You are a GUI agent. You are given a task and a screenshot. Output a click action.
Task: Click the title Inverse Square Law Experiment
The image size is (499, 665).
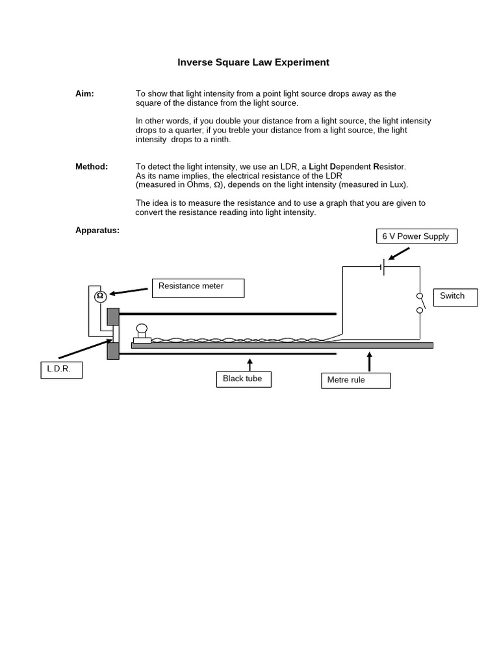253,62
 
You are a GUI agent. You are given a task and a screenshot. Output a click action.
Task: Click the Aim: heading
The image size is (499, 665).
84,94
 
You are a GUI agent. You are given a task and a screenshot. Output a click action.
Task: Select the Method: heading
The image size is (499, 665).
92,166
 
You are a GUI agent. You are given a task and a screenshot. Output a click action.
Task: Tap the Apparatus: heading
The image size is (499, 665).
97,230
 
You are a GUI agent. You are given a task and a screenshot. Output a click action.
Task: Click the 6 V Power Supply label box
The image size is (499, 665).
416,236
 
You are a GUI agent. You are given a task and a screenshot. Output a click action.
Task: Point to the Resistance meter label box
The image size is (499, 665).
198,288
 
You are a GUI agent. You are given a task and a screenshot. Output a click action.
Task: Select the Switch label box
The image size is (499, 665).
456,297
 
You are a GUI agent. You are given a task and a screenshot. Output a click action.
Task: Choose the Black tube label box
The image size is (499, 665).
242,379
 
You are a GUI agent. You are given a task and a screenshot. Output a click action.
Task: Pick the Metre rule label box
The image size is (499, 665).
355,380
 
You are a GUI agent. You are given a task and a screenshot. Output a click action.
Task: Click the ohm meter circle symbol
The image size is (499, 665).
100,297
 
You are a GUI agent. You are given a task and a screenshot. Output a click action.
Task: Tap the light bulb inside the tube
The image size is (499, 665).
142,329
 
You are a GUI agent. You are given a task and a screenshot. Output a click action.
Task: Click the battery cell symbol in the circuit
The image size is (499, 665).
383,267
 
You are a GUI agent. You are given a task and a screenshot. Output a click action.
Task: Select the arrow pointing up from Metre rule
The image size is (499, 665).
370,361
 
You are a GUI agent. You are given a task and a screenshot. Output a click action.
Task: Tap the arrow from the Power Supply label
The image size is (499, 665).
399,253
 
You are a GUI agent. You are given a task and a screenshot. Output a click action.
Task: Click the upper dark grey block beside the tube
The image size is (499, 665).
113,316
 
